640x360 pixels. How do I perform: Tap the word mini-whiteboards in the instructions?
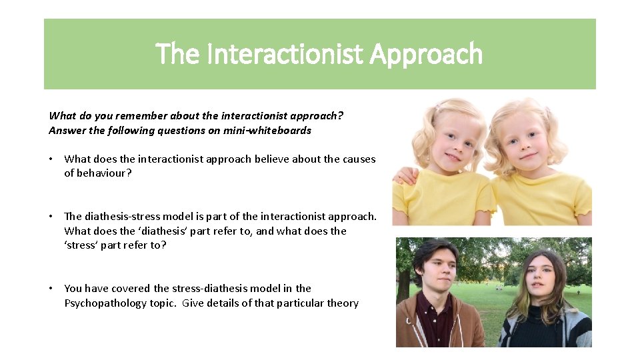(269, 131)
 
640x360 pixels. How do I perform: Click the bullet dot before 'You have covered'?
(51, 289)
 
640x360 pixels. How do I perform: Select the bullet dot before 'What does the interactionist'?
(51, 159)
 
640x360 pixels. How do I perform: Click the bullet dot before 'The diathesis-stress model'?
(51, 216)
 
